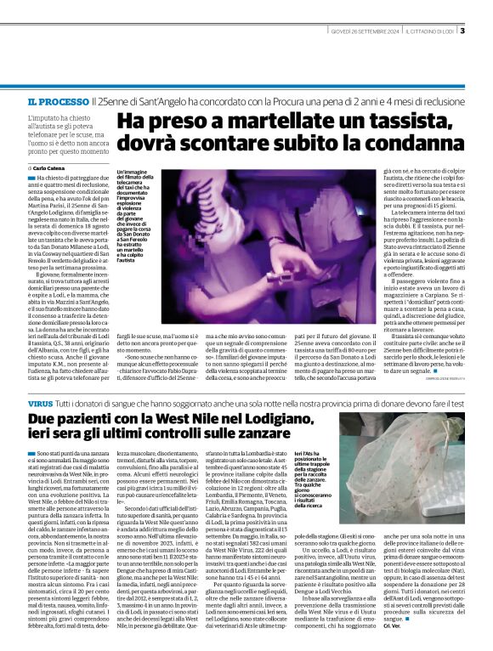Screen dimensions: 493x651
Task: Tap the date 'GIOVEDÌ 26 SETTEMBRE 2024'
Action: [363, 31]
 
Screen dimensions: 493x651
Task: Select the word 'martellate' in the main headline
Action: [265, 124]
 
